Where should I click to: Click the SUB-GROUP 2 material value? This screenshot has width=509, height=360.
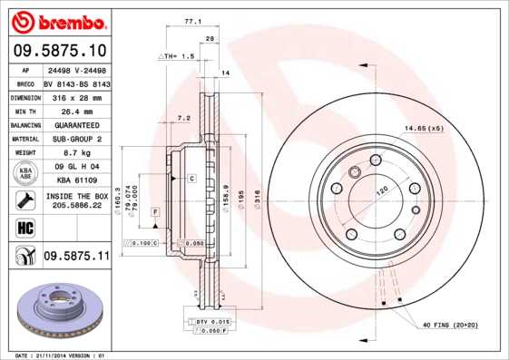pos(70,140)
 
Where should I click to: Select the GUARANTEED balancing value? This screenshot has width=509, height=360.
pos(70,124)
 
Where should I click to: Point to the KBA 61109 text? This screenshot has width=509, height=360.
pos(70,180)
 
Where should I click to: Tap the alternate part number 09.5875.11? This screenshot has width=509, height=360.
pos(76,257)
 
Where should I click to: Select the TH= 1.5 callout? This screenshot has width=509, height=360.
pos(178,56)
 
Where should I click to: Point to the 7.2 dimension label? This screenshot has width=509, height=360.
pos(184,118)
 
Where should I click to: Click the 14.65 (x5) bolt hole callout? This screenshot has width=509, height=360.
pos(423,128)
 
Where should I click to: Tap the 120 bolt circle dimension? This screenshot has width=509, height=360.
pos(382,190)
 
